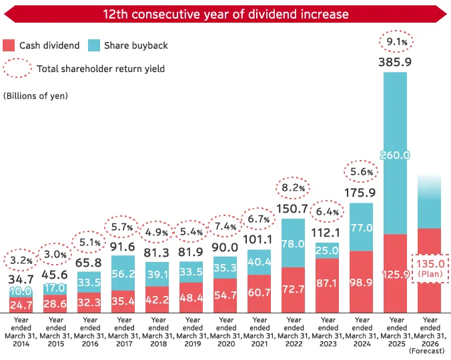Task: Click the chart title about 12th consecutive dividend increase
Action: coord(225,13)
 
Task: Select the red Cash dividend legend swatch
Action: coord(9,45)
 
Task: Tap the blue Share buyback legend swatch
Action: coord(93,45)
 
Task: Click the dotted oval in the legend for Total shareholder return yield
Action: coord(17,68)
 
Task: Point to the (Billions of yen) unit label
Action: coord(36,95)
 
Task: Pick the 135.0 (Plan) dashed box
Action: coord(430,268)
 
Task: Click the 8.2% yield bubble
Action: coord(294,188)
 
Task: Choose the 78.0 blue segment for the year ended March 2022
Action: coord(294,243)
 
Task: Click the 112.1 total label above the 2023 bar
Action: coord(328,232)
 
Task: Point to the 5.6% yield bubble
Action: coord(361,171)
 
